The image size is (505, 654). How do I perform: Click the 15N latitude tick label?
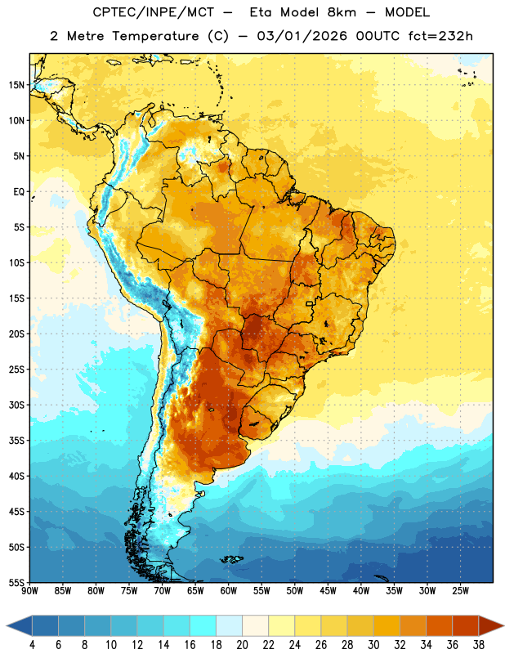coord(16,85)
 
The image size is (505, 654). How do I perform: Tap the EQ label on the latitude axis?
coord(19,192)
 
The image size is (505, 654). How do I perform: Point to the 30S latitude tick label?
coord(16,405)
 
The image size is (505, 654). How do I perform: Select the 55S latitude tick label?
coord(16,582)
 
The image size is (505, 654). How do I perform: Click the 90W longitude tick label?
coord(29,590)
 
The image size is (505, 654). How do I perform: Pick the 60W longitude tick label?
coord(229,590)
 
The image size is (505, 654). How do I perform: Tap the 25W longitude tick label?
coord(460,590)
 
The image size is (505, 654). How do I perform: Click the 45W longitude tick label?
coord(328,590)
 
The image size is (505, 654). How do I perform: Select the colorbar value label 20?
coord(242,645)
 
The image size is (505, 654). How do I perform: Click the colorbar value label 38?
coord(479,645)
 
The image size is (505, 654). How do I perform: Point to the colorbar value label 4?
coord(32,645)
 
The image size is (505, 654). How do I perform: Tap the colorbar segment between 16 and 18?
coord(203,625)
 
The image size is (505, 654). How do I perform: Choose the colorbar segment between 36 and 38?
coord(466,625)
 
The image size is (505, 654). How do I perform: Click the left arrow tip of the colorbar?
coord(7,625)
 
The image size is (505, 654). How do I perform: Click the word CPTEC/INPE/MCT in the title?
coord(154,12)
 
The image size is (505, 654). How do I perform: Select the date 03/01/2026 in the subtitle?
coord(302,36)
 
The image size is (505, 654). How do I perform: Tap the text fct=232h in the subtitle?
coord(440,36)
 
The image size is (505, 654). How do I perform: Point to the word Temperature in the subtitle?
coord(155,37)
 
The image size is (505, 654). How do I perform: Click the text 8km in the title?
coord(342,12)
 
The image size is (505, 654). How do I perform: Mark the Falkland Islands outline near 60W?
coord(231,559)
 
